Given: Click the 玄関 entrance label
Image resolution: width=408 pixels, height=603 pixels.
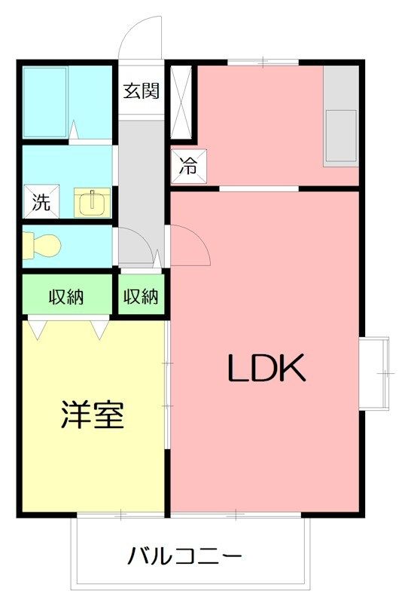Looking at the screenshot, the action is [141, 90].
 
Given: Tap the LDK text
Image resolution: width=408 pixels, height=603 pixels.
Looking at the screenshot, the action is [266, 368].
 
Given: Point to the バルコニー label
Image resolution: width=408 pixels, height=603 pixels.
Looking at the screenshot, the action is [184, 556].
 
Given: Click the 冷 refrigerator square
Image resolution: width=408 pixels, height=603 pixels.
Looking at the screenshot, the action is [189, 167].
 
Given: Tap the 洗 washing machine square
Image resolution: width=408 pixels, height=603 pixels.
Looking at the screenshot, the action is [41, 201].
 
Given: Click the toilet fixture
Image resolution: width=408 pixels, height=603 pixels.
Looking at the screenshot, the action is [41, 244].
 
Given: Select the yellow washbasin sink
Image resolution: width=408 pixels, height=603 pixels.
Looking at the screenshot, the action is [92, 202].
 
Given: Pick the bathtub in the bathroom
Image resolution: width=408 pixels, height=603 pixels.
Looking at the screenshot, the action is [45, 103].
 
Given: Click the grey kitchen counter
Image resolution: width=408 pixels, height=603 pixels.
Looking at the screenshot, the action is [341, 116].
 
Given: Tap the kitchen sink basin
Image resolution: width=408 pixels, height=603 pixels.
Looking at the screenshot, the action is [341, 136].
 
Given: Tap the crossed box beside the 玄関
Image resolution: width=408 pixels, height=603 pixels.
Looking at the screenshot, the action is [181, 103].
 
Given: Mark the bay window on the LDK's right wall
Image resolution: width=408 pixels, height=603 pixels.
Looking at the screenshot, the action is [375, 373].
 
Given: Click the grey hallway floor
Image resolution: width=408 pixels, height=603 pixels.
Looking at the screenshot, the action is [141, 191].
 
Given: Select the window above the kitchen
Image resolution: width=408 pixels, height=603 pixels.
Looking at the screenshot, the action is [263, 62].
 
